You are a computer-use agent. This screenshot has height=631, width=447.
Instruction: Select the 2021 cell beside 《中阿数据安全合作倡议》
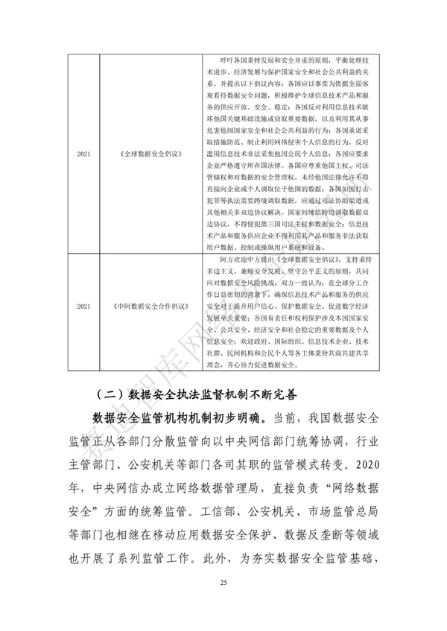(x=83, y=306)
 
